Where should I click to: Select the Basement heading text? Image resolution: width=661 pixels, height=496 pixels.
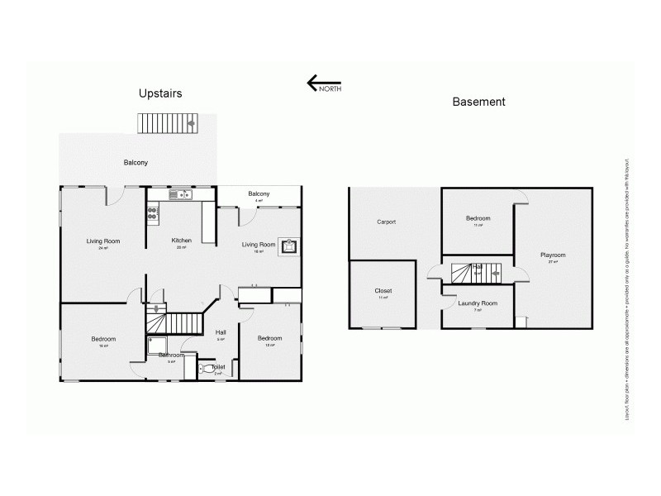point(478,102)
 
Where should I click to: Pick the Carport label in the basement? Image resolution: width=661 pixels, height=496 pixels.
point(386,222)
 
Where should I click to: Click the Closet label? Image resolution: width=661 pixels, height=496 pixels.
point(383,291)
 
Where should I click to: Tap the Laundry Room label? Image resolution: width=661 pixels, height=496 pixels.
point(478,303)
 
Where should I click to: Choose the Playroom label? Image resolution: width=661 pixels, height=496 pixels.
point(553,255)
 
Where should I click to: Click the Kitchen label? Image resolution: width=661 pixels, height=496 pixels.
point(182,241)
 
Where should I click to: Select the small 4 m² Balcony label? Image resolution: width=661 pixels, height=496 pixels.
point(259,194)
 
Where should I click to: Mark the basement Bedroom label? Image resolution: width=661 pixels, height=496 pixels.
point(478,218)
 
